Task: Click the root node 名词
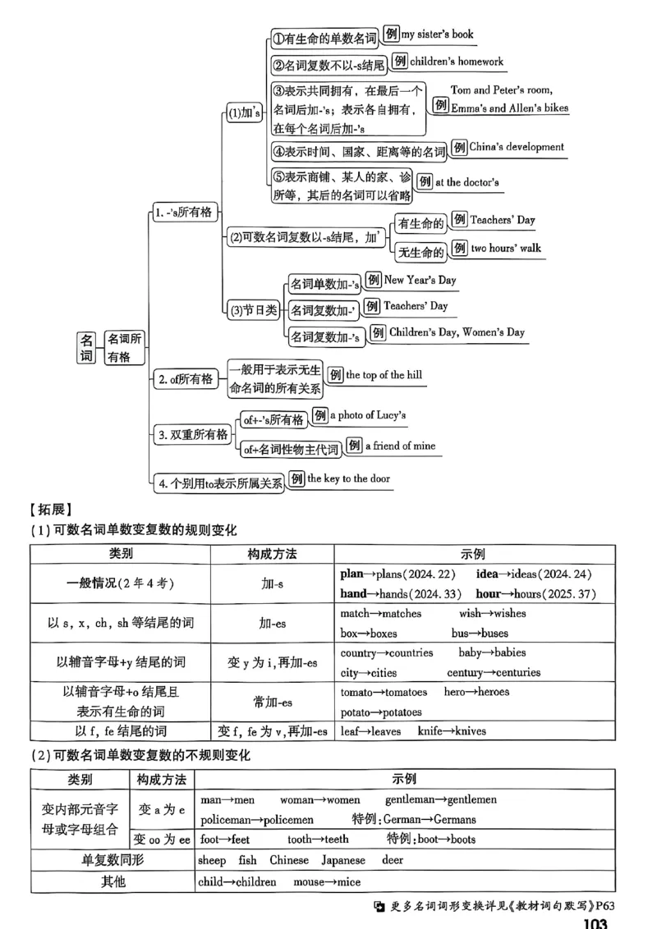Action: point(86,348)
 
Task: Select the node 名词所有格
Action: point(125,348)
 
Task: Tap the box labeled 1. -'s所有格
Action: point(183,213)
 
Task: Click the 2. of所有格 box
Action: point(185,378)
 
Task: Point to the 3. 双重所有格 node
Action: point(193,435)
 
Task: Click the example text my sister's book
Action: point(437,35)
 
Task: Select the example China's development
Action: point(517,148)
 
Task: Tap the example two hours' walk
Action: point(505,248)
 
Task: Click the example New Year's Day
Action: point(420,280)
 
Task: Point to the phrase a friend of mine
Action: point(400,446)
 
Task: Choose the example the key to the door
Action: point(349,478)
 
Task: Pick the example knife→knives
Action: point(452,730)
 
